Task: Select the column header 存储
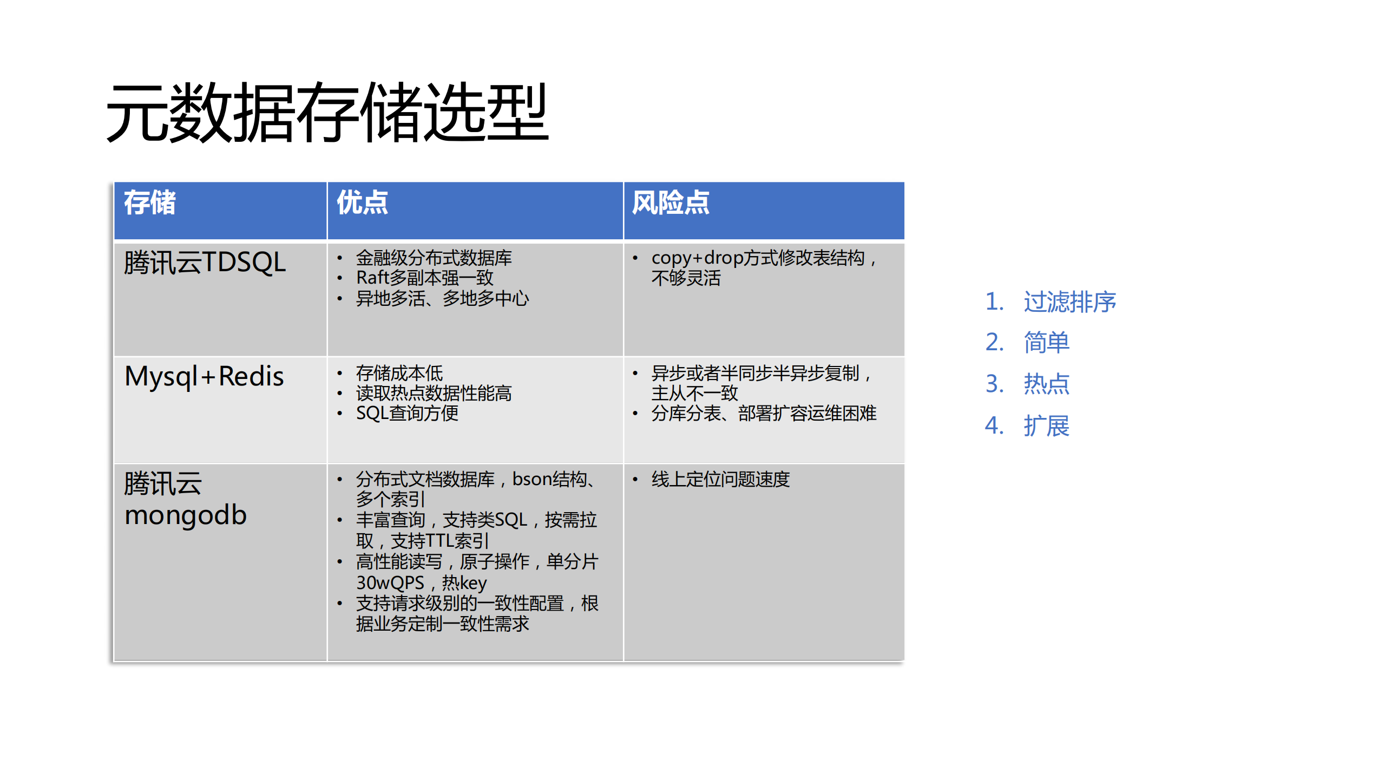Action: (x=150, y=203)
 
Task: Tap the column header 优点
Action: (x=362, y=203)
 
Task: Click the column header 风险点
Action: (x=670, y=203)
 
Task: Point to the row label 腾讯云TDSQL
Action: (x=205, y=263)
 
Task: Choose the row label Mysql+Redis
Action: (x=204, y=376)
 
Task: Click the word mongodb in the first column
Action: (x=186, y=515)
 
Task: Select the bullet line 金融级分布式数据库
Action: (x=434, y=258)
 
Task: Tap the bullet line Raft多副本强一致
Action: (x=424, y=278)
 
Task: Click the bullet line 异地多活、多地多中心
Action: (x=442, y=298)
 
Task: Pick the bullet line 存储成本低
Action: (x=399, y=373)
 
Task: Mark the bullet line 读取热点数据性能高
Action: (x=434, y=393)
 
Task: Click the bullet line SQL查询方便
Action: (x=407, y=413)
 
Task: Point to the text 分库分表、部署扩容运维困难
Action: (x=764, y=413)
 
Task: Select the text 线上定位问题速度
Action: (x=720, y=479)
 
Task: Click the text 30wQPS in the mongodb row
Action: (x=390, y=583)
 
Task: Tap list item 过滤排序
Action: (x=1069, y=302)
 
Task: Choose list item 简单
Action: (x=1046, y=343)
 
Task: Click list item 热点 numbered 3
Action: (x=1046, y=384)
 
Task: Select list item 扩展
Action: (x=1046, y=425)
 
